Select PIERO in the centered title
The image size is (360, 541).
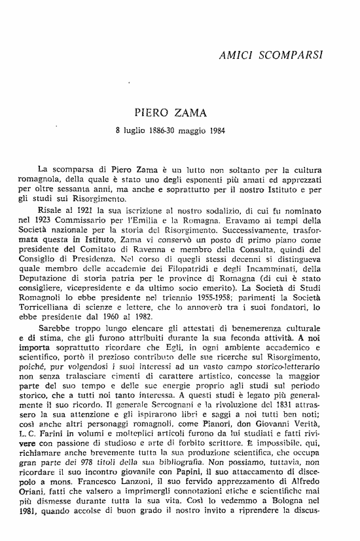(154, 113)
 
